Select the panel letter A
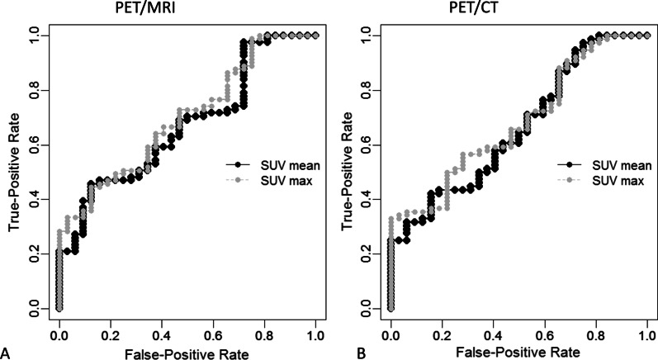coord(7,351)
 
